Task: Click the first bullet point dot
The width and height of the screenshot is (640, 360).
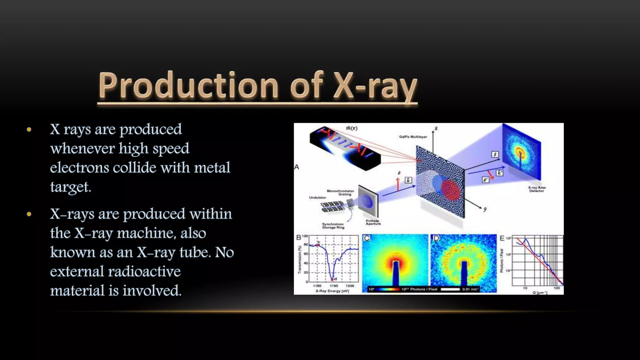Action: pyautogui.click(x=29, y=129)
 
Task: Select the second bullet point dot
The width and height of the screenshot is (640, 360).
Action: pyautogui.click(x=29, y=214)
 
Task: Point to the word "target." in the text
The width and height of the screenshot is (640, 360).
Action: pyautogui.click(x=71, y=187)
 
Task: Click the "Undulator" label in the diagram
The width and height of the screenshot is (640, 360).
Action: pyautogui.click(x=317, y=197)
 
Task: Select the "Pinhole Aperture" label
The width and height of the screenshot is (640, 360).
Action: pyautogui.click(x=373, y=222)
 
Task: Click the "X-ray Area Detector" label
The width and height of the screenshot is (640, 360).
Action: pyautogui.click(x=537, y=189)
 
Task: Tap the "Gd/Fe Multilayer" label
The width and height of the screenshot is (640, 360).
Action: pyautogui.click(x=413, y=137)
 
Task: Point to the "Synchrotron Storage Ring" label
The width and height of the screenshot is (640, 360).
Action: pyautogui.click(x=333, y=226)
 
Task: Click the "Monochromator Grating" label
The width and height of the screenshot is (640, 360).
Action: pyautogui.click(x=340, y=192)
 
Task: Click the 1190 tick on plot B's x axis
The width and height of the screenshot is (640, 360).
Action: pyautogui.click(x=334, y=286)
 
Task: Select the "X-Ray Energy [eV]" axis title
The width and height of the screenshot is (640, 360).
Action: pyautogui.click(x=332, y=291)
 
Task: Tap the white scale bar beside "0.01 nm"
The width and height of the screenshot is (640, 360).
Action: pyautogui.click(x=450, y=289)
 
